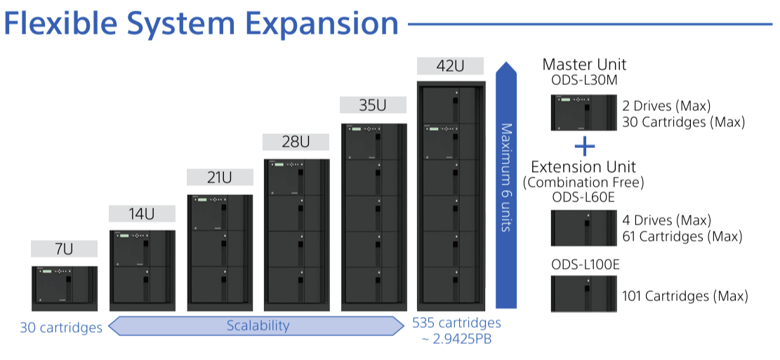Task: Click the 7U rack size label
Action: tap(64, 249)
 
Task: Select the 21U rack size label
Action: tap(219, 178)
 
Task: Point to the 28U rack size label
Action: tap(296, 141)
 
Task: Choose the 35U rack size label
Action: tap(373, 105)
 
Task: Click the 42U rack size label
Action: tap(450, 67)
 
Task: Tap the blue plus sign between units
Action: tap(584, 146)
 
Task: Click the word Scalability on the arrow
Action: tap(258, 326)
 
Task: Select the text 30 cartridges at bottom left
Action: tap(61, 328)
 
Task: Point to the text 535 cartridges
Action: tap(457, 323)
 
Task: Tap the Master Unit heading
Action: tap(584, 65)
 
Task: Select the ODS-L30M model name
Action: tap(584, 81)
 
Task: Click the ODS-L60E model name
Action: tap(583, 197)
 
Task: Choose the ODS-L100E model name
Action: tap(586, 265)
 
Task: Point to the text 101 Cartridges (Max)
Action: tap(685, 296)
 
